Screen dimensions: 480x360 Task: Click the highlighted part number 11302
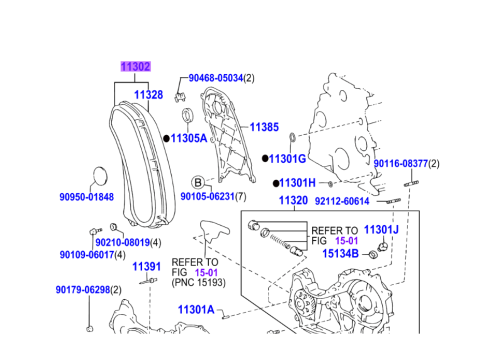point(135,67)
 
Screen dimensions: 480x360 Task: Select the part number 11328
point(149,95)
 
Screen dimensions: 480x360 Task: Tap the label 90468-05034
point(216,78)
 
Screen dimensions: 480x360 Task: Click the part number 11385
point(264,127)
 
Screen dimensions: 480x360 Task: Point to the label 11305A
point(189,138)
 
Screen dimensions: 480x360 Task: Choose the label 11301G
point(287,159)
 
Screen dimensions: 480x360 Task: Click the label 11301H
point(297,183)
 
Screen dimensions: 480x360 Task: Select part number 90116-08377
point(401,164)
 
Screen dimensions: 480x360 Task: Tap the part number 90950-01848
point(87,197)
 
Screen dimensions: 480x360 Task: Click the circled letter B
point(198,182)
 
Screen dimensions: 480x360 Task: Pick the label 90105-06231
point(208,196)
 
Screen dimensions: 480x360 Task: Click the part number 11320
point(293,200)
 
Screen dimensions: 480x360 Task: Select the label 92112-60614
point(342,201)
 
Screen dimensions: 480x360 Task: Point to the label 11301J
point(381,230)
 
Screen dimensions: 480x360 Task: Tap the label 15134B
point(340,254)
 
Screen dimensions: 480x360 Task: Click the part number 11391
point(147,267)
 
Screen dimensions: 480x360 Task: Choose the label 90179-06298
point(83,290)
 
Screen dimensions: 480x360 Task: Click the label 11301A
point(196,310)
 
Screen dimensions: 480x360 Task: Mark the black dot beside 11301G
point(265,159)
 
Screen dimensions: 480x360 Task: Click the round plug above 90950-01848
point(100,175)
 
